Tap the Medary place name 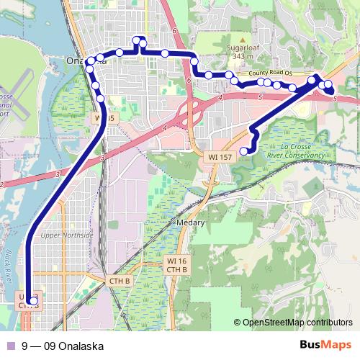click(x=191, y=223)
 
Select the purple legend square click(x=11, y=346)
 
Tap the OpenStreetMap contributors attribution click(x=298, y=322)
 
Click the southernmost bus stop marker click(x=33, y=301)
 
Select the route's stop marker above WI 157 click(x=244, y=150)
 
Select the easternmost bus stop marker click(x=328, y=85)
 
